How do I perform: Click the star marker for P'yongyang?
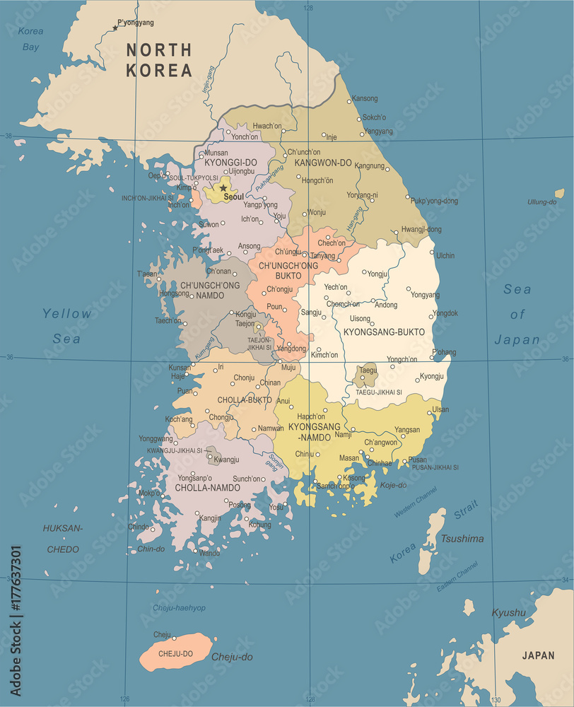click(x=115, y=28)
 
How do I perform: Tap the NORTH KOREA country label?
click(x=158, y=60)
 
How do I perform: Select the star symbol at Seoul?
click(x=223, y=188)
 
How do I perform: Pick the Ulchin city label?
click(x=445, y=255)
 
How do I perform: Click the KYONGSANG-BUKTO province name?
click(x=384, y=332)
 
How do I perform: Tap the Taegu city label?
click(x=368, y=370)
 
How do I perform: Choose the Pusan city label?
click(x=418, y=460)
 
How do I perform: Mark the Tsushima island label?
click(x=462, y=539)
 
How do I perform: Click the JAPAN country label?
click(x=539, y=655)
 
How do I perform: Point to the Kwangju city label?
click(x=226, y=460)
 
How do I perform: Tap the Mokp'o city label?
click(x=149, y=493)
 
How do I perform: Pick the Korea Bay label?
click(x=30, y=39)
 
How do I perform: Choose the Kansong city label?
click(x=365, y=98)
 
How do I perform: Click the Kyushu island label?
click(x=509, y=612)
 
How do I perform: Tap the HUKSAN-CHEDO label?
click(x=63, y=539)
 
